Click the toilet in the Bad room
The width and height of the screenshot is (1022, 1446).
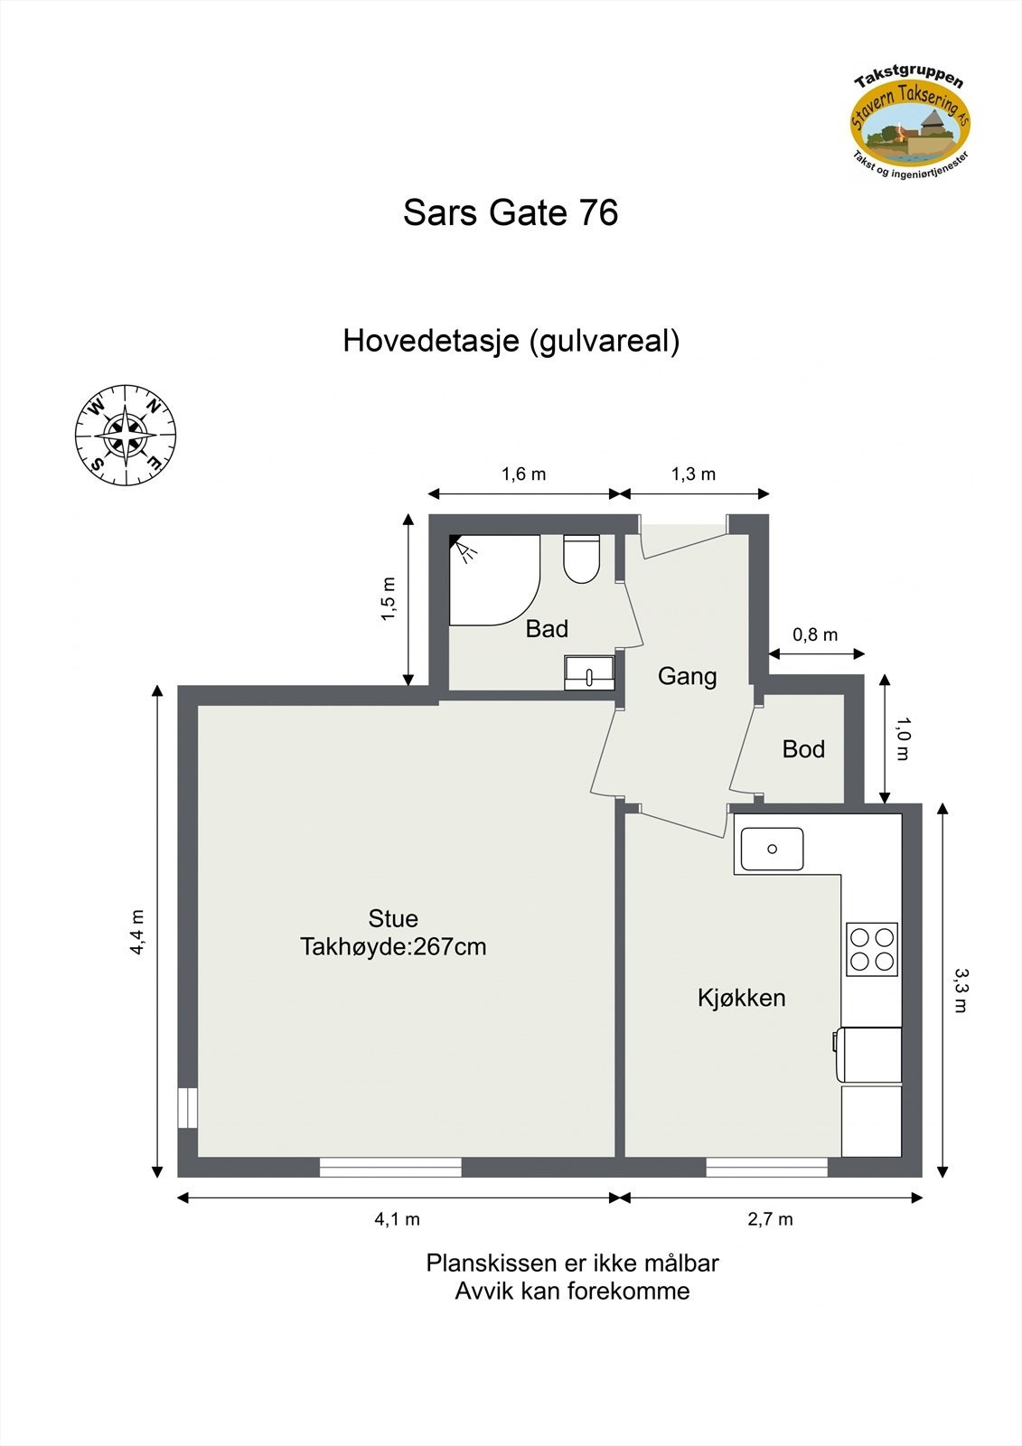[x=581, y=559]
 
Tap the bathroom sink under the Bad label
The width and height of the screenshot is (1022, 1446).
[x=589, y=673]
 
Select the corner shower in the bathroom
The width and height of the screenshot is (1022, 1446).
[x=492, y=579]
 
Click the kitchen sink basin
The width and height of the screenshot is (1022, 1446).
[x=772, y=849]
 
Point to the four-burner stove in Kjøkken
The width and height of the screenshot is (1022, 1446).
[x=871, y=949]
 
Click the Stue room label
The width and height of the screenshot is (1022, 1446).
[x=393, y=918]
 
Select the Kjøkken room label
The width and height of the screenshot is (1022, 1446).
[x=741, y=998]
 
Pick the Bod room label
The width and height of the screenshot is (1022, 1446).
[x=803, y=748]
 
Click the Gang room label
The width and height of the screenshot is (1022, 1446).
[x=687, y=676]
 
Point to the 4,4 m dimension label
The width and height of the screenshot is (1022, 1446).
[x=136, y=932]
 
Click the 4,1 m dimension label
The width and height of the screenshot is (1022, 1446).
[x=397, y=1219]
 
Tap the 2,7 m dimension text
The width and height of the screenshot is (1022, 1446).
[x=770, y=1219]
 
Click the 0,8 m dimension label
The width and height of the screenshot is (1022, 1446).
[x=815, y=634]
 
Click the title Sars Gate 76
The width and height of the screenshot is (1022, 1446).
[x=511, y=213]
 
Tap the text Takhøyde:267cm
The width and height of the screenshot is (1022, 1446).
[x=393, y=947]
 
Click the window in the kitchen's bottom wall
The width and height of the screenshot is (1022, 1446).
[x=766, y=1168]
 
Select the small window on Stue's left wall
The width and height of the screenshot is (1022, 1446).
[x=187, y=1108]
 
